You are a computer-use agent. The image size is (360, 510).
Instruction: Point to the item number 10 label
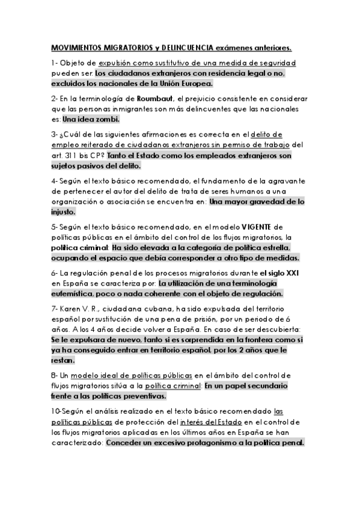click(57, 413)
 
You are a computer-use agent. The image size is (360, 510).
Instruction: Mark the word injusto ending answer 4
click(63, 212)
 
